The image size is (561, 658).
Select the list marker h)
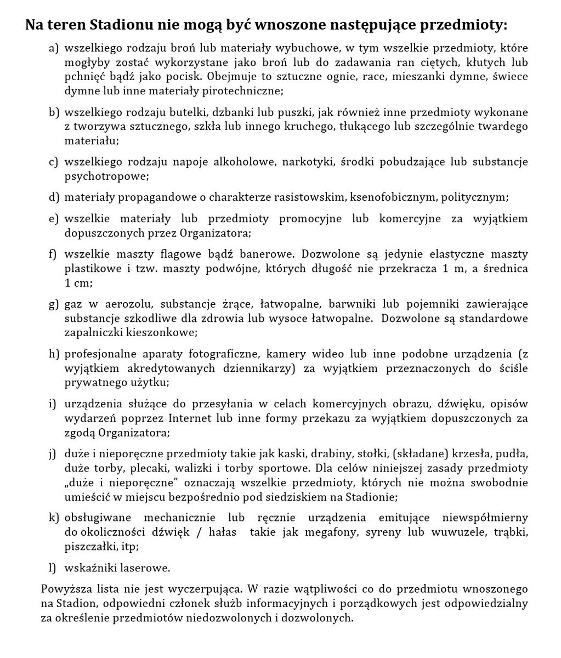53,354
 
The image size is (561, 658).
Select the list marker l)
53,568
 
